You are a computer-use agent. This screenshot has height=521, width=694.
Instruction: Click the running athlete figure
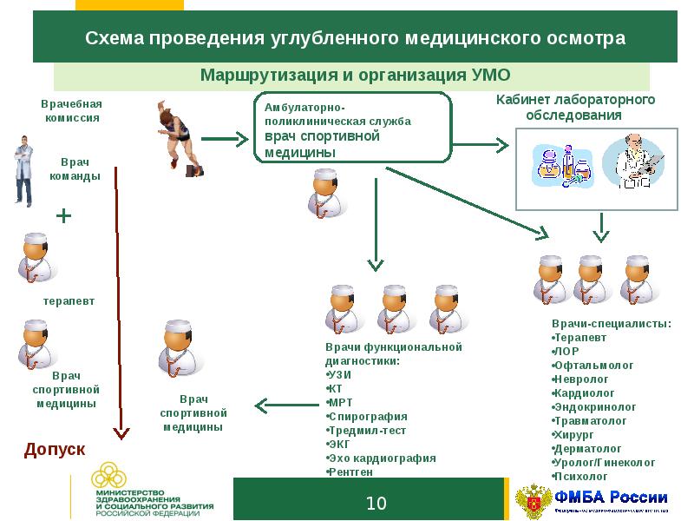point(180,135)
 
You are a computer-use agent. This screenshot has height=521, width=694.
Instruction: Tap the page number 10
point(376,504)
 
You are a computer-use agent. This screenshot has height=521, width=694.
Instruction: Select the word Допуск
point(54,449)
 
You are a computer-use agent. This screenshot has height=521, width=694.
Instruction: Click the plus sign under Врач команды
point(63,215)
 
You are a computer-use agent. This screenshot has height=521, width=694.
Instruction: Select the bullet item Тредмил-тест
point(367,430)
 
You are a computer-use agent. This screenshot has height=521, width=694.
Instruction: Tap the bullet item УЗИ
point(339,374)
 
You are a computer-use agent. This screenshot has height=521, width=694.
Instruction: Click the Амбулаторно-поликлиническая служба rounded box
point(352,128)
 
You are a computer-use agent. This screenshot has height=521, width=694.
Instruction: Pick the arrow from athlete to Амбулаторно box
point(225,137)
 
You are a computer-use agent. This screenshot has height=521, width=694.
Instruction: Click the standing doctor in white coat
point(23,168)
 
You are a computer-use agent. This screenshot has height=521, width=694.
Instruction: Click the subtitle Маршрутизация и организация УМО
point(356,74)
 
